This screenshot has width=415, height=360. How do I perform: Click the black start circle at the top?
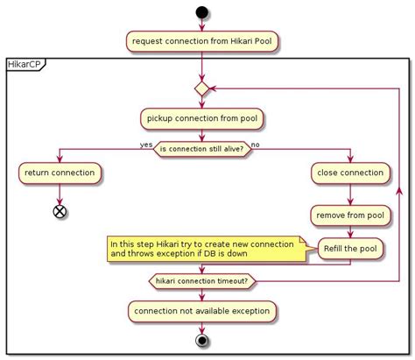tap(201, 14)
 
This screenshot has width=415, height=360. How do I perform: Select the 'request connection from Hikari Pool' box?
tap(201, 40)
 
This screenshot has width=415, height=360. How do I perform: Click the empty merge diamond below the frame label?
tap(201, 88)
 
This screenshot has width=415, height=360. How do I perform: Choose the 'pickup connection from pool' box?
tap(201, 117)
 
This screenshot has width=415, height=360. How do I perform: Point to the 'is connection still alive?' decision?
tap(201, 149)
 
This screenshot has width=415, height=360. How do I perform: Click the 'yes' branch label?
tap(146, 144)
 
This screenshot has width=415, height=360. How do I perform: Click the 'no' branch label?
tap(256, 144)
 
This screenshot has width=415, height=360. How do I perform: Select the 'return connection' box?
tap(60, 173)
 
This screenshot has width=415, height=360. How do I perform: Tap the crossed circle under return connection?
tap(60, 211)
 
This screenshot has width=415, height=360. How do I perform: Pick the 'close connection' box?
tap(348, 173)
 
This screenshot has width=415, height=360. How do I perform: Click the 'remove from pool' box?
tap(348, 215)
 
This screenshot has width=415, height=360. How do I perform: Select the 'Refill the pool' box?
tap(348, 249)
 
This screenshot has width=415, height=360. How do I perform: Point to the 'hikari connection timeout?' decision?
tap(201, 281)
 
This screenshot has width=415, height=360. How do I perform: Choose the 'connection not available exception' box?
tap(201, 310)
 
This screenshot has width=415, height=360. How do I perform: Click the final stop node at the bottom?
tap(201, 342)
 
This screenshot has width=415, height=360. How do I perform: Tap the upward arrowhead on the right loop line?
tap(400, 190)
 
